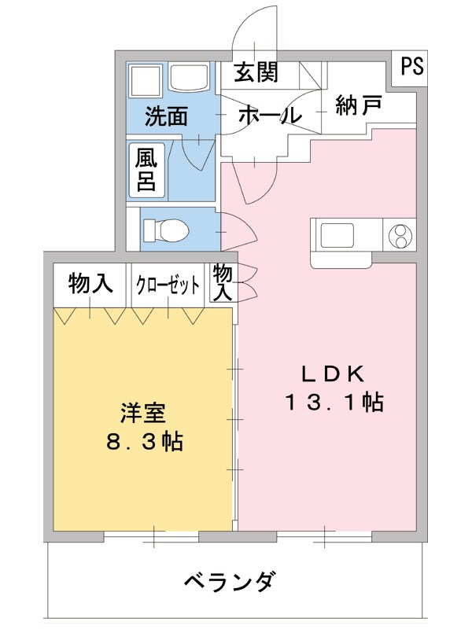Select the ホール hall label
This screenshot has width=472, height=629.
click(x=269, y=116)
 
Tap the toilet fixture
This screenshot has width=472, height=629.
click(x=165, y=230)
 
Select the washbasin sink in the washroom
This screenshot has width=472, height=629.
click(x=189, y=79)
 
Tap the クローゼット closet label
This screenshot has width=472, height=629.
click(x=168, y=285)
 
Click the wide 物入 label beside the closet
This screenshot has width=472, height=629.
click(x=90, y=284)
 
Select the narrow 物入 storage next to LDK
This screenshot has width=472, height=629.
click(x=223, y=283)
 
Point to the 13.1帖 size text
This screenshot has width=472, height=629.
click(x=334, y=403)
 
